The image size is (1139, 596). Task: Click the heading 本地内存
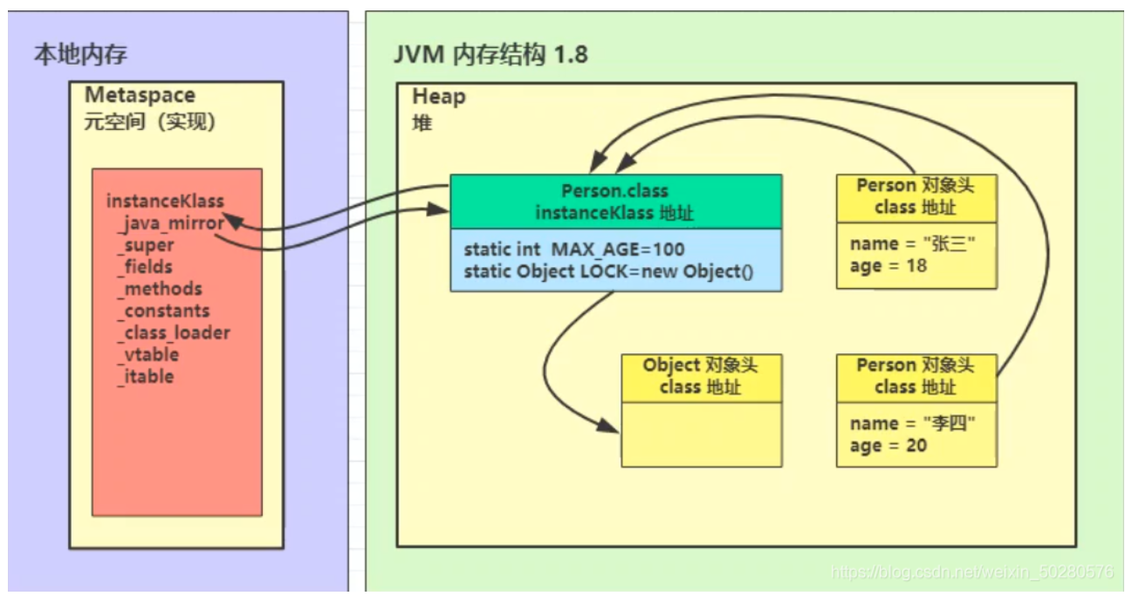pyautogui.click(x=80, y=55)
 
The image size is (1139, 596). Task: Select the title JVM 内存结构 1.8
pyautogui.click(x=491, y=55)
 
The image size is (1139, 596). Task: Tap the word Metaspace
pyautogui.click(x=140, y=95)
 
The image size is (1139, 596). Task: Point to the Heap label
pyautogui.click(x=439, y=96)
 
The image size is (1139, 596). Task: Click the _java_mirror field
pyautogui.click(x=171, y=223)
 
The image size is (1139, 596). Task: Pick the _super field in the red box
pyautogui.click(x=147, y=245)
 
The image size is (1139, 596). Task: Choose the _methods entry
pyautogui.click(x=161, y=289)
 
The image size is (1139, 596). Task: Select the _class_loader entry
pyautogui.click(x=175, y=332)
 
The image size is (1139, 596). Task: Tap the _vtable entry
pyautogui.click(x=148, y=354)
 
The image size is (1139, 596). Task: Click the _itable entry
pyautogui.click(x=146, y=376)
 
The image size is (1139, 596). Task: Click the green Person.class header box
pyautogui.click(x=615, y=202)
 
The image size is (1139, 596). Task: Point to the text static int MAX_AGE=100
pyautogui.click(x=574, y=250)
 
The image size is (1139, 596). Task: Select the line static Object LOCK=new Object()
pyautogui.click(x=607, y=272)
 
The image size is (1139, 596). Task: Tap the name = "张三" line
pyautogui.click(x=912, y=244)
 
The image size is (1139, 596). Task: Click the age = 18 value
pyautogui.click(x=889, y=266)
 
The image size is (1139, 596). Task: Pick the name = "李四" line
pyautogui.click(x=912, y=423)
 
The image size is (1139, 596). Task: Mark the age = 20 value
pyautogui.click(x=889, y=445)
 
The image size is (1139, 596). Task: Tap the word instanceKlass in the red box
pyautogui.click(x=165, y=202)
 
